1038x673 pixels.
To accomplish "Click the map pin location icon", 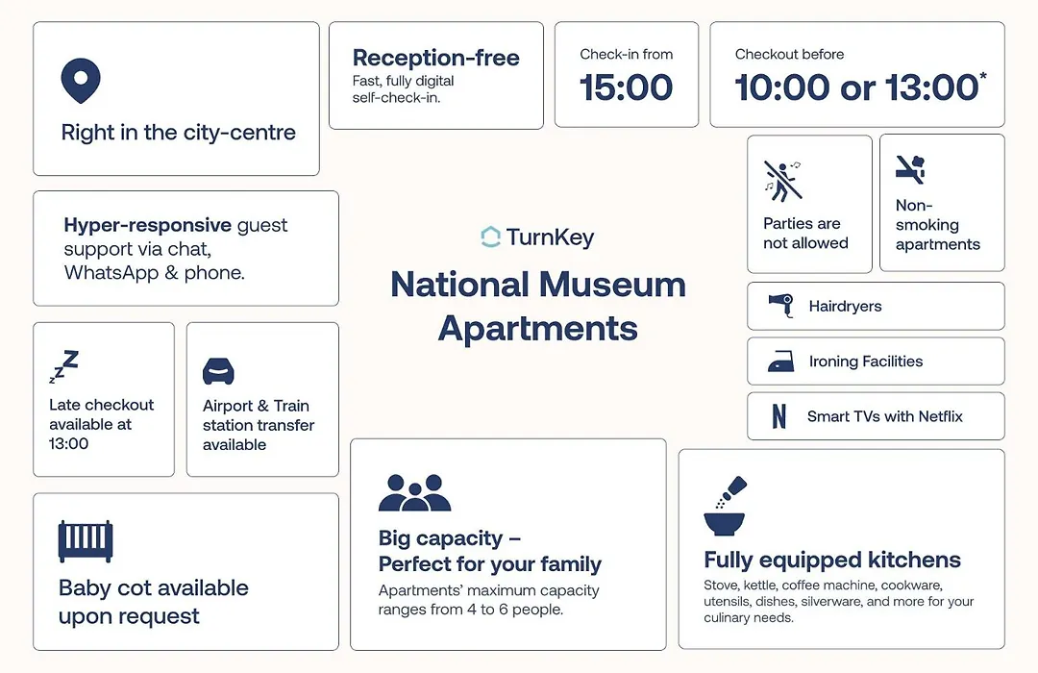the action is coord(81,81).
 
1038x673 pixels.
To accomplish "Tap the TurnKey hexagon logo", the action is coord(490,237).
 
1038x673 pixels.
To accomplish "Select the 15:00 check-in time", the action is coord(627,87).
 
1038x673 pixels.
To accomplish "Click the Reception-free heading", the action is coord(435,58).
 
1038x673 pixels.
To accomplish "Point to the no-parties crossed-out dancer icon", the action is coord(782,180).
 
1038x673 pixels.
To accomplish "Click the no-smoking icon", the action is coord(910,169).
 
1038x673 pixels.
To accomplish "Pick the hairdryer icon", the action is coord(781,306).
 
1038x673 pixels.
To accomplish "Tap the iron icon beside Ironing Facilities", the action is coord(781,361).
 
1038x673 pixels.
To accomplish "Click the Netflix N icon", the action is coord(779,416).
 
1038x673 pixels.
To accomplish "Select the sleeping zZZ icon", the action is coord(63,367).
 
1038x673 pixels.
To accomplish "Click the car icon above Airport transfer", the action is coord(218,371).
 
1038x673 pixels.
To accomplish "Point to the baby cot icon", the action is coord(86,541).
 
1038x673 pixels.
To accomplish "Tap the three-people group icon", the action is coord(415,492).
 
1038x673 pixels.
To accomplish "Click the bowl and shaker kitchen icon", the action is coord(725,506).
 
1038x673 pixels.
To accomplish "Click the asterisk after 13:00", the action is coord(983,76).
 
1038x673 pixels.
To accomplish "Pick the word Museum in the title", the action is coord(612,285).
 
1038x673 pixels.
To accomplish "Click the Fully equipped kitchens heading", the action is coord(832,561).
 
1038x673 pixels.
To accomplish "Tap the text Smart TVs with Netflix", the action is coord(884,416).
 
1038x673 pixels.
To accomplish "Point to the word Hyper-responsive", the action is coord(148,226).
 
